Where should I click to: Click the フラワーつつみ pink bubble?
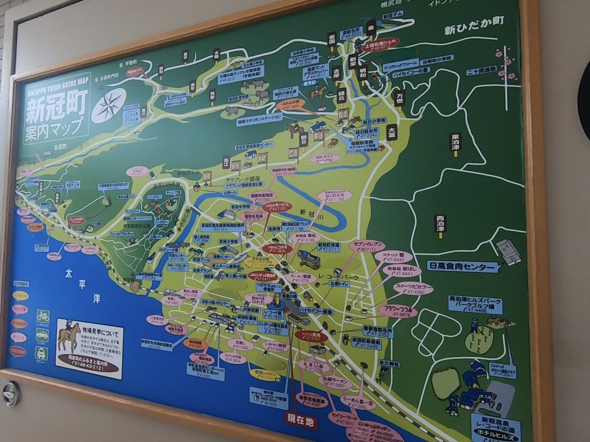click(x=398, y=311)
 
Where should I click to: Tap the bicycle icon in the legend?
click(x=42, y=316)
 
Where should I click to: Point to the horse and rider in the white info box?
click(x=67, y=335)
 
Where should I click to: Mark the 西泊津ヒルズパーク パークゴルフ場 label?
click(x=475, y=304)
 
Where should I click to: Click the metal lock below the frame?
click(x=11, y=394)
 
